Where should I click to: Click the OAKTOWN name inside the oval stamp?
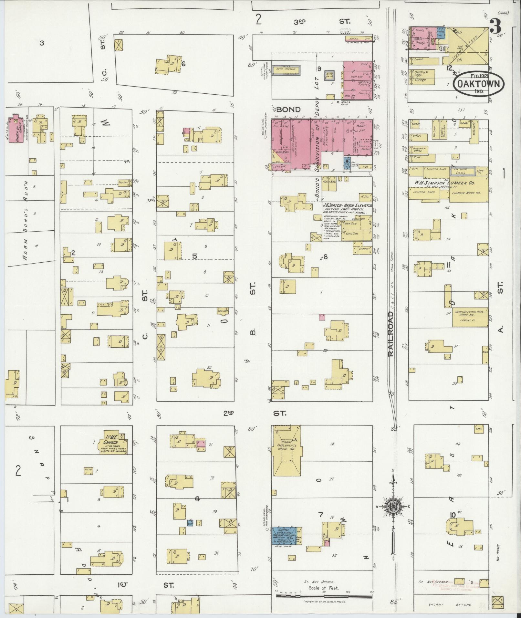479,84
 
